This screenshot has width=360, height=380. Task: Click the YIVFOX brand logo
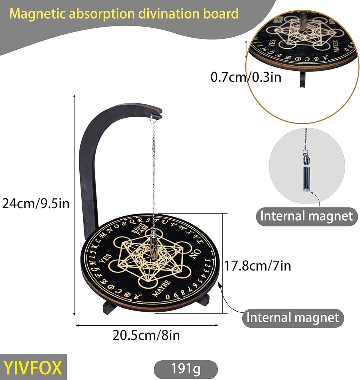click(33, 367)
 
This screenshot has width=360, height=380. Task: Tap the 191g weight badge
click(186, 369)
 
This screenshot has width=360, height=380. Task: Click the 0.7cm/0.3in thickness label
click(246, 77)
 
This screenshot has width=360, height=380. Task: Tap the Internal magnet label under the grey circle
click(306, 216)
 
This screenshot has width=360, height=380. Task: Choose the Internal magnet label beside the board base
click(293, 317)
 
